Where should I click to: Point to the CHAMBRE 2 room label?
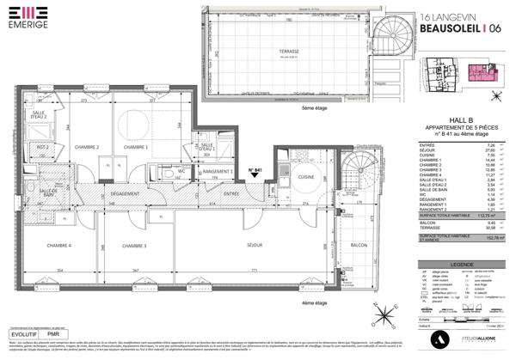86,147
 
